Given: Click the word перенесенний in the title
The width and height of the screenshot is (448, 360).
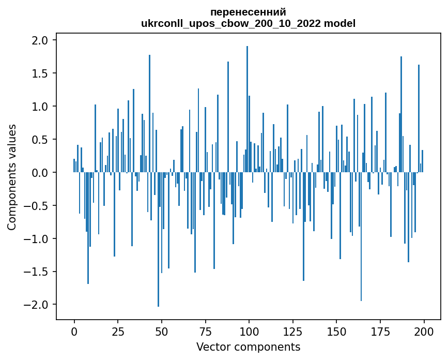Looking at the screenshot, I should (x=248, y=12).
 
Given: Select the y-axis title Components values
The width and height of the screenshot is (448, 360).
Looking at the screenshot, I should (x=11, y=177).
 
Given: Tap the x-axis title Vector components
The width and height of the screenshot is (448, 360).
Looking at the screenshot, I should (x=248, y=347).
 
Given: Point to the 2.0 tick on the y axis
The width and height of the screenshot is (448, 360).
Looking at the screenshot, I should (x=40, y=40).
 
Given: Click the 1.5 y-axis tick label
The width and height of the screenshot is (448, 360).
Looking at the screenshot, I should (x=40, y=73).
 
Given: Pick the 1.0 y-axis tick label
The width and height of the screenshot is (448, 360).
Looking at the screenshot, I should (x=40, y=107).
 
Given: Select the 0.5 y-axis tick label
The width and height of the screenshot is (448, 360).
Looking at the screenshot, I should (x=40, y=140).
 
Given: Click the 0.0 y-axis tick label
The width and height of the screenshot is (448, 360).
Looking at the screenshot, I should (x=40, y=173).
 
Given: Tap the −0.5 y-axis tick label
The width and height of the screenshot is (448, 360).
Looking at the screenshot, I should (x=37, y=206).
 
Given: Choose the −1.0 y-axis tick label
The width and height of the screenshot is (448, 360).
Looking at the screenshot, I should (x=37, y=239).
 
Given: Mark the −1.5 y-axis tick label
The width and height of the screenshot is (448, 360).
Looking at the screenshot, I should (x=37, y=272).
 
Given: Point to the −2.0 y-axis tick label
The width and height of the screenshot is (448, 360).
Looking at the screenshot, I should (x=37, y=305).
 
